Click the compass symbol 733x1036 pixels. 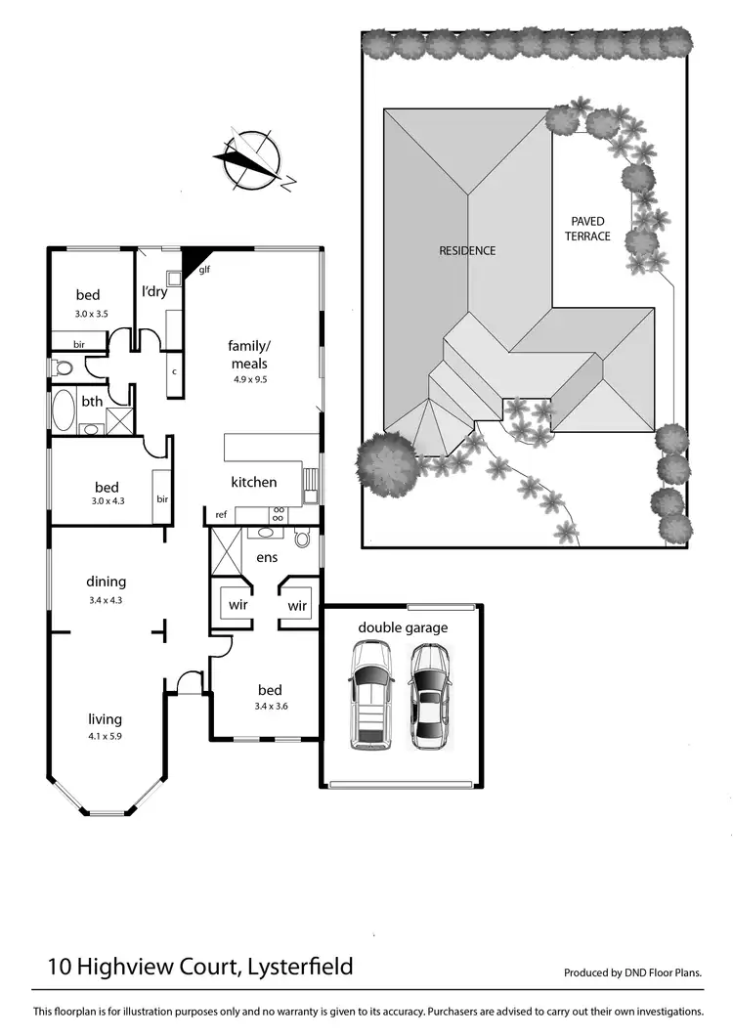tap(252, 157)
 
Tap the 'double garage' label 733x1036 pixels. tap(403, 627)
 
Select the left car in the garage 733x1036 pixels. tap(371, 695)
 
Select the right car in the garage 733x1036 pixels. tap(430, 695)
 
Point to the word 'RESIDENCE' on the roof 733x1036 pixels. tap(467, 250)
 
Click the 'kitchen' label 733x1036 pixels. tap(253, 482)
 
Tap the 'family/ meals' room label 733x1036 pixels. tap(248, 354)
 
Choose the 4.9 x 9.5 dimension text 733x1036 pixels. tap(248, 379)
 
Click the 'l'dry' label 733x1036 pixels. tap(155, 291)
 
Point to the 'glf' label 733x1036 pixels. tap(205, 270)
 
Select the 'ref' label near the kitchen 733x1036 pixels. tap(221, 514)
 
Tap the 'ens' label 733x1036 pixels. tap(267, 558)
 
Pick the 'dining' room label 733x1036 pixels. tap(107, 583)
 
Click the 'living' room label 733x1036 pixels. tap(106, 720)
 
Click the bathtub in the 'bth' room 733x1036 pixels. tap(64, 411)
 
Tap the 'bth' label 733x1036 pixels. tap(92, 401)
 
